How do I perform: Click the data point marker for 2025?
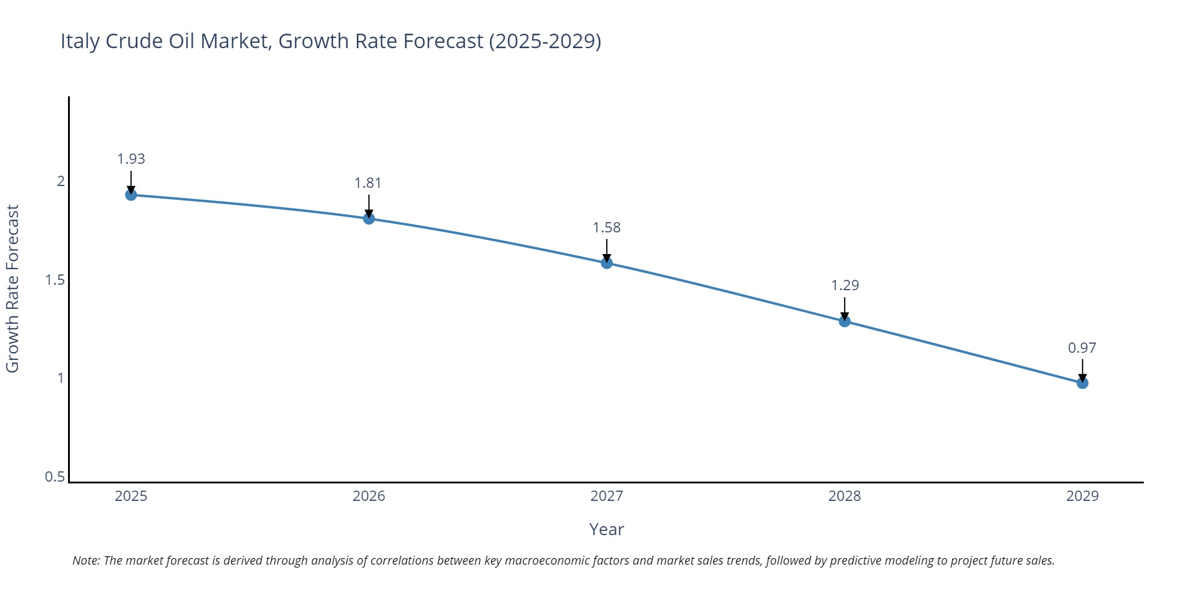pyautogui.click(x=131, y=194)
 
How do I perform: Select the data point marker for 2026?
pyautogui.click(x=369, y=219)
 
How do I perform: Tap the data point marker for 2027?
pyautogui.click(x=607, y=263)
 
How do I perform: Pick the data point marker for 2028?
pyautogui.click(x=845, y=321)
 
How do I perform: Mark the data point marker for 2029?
pyautogui.click(x=1082, y=383)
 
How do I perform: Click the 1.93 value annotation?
pyautogui.click(x=131, y=159)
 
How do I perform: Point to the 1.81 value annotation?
pyautogui.click(x=368, y=183)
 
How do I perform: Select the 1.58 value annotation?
pyautogui.click(x=607, y=228)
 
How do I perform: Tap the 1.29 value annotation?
pyautogui.click(x=845, y=285)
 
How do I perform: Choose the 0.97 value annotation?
pyautogui.click(x=1082, y=348)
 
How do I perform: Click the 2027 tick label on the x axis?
pyautogui.click(x=607, y=496)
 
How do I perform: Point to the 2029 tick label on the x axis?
pyautogui.click(x=1082, y=496)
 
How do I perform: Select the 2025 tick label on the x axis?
pyautogui.click(x=131, y=496)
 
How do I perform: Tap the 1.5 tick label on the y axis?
pyautogui.click(x=55, y=280)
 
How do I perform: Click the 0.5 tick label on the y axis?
pyautogui.click(x=55, y=477)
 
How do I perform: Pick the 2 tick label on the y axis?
pyautogui.click(x=61, y=181)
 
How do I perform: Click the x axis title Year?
pyautogui.click(x=606, y=529)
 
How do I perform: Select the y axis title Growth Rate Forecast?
pyautogui.click(x=13, y=289)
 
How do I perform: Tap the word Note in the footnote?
pyautogui.click(x=85, y=560)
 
